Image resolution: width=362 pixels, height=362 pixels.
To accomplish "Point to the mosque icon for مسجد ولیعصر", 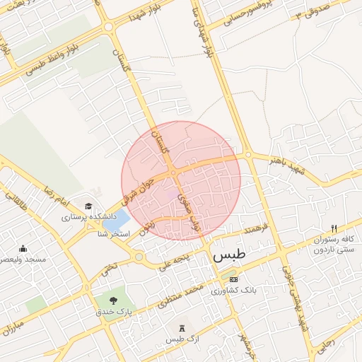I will (23, 249).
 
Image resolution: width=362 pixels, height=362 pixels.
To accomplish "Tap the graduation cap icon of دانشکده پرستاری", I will (88, 206).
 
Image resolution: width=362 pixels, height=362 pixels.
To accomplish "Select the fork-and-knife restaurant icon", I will (334, 228).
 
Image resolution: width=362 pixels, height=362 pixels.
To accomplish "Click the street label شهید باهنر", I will (269, 165).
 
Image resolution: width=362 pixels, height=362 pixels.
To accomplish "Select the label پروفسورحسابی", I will (247, 17).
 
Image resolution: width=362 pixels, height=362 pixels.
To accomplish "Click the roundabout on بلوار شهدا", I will (108, 27).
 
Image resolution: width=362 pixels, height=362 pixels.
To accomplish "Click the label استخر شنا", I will (112, 233).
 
